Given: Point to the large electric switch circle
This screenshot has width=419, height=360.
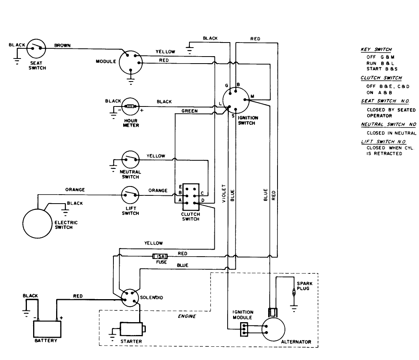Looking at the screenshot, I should [39, 223].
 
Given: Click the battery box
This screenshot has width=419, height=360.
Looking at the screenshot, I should [47, 328].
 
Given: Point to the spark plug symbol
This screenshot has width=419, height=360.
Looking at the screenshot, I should [293, 293].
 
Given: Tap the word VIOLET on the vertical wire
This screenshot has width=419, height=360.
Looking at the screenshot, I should [224, 193].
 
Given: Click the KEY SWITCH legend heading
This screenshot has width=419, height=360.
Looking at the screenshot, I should [376, 50].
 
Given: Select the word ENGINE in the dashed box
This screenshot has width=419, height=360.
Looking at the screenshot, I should [187, 316].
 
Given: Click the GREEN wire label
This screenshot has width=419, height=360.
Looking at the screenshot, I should [189, 111].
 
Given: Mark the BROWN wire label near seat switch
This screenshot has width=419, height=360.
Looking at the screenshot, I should [62, 45].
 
